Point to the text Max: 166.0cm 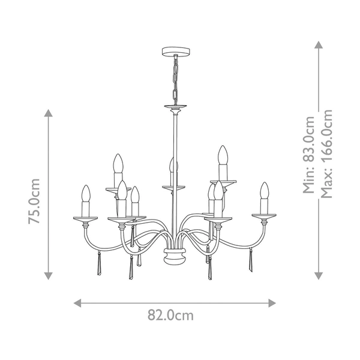(x=326, y=153)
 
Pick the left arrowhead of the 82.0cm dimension (x=77, y=302)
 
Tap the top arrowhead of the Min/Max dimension (x=317, y=46)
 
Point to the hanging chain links (x=175, y=78)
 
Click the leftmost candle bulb (x=85, y=193)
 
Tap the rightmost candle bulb (x=263, y=191)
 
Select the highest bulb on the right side (x=223, y=155)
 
